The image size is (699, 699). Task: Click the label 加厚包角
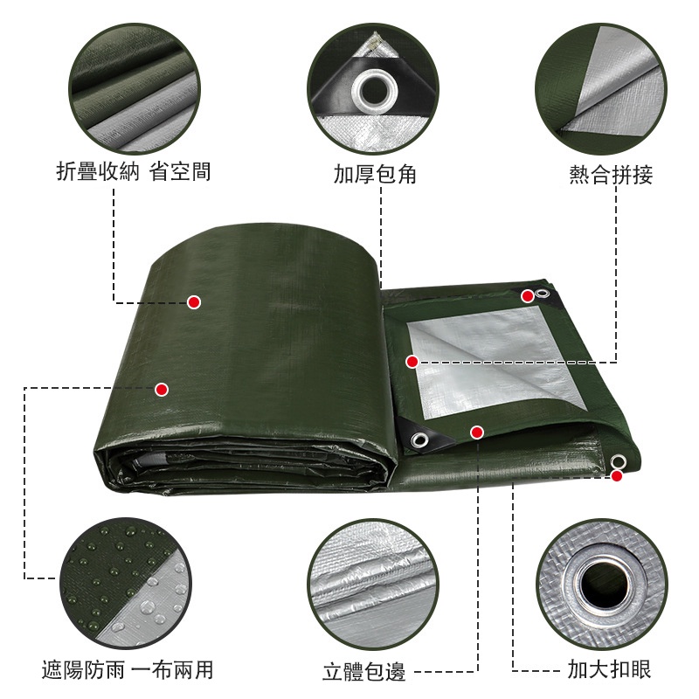375,174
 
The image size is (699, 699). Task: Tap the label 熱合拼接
611,174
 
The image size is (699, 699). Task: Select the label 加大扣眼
609,668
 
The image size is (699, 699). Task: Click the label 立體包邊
363,671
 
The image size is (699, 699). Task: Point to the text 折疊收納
98,171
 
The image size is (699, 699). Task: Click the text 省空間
180,171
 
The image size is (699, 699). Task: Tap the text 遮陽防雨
83,669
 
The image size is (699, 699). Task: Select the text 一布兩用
172,669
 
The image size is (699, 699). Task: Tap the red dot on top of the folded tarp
194,302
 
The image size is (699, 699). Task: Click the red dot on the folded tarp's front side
162,390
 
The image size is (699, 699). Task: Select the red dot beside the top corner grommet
528,296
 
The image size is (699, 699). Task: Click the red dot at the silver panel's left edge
412,362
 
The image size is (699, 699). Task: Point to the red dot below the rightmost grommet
617,476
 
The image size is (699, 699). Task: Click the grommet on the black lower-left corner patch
419,439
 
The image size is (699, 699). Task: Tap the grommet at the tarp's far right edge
618,461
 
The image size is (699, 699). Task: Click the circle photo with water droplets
126,583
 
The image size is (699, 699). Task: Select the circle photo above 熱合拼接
601,89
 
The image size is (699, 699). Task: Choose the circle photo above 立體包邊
373,585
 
